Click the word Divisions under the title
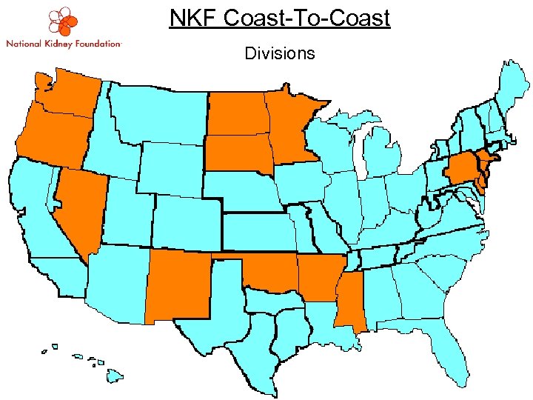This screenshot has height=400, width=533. pyautogui.click(x=279, y=53)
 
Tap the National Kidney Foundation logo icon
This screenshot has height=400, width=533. pyautogui.click(x=63, y=21)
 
